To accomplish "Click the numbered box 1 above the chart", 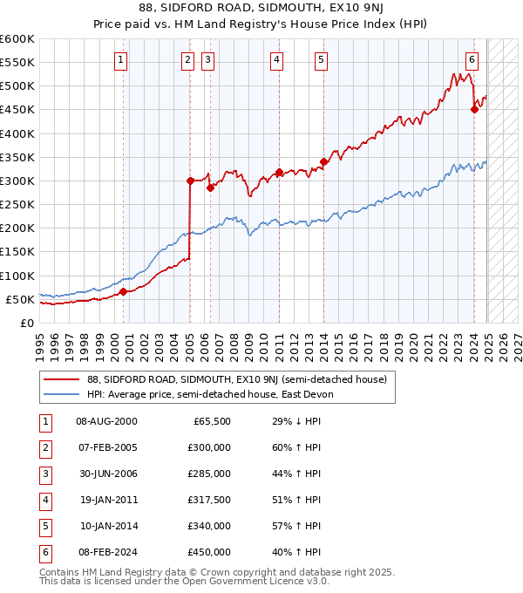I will click(120, 60).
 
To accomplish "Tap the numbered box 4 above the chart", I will click(276, 60).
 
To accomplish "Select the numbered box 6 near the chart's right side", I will click(472, 60).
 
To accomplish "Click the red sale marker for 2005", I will click(190, 181).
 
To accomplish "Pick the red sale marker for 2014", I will click(323, 161).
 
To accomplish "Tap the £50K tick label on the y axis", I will click(20, 299).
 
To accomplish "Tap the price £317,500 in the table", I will click(209, 500).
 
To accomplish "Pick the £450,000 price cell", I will click(209, 552).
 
